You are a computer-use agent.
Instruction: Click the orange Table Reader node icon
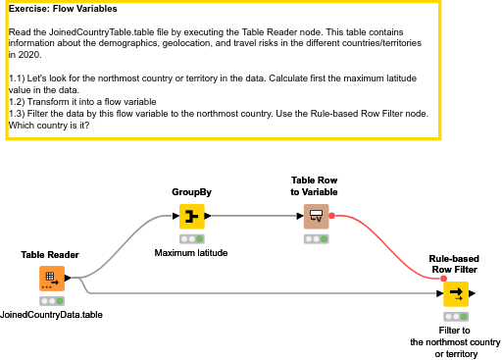[52, 279]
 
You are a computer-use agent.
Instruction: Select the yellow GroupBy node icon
[191, 216]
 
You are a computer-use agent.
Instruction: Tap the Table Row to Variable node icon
[316, 216]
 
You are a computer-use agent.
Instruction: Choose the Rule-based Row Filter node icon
[455, 293]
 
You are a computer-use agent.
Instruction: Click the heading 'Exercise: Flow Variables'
[63, 9]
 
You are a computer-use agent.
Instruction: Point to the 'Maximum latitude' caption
[191, 253]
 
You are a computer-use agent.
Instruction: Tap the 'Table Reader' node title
[50, 255]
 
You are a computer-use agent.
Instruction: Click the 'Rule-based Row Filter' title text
[454, 264]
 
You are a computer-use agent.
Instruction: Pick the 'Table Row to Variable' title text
[315, 186]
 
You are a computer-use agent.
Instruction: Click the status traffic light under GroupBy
[191, 238]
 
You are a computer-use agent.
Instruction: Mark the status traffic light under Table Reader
[52, 301]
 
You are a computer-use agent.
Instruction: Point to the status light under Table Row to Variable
[316, 238]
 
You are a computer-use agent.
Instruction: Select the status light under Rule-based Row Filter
[455, 317]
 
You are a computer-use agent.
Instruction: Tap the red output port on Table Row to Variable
[332, 216]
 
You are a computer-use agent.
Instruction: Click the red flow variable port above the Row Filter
[443, 279]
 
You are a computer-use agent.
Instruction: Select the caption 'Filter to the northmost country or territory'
[455, 342]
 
